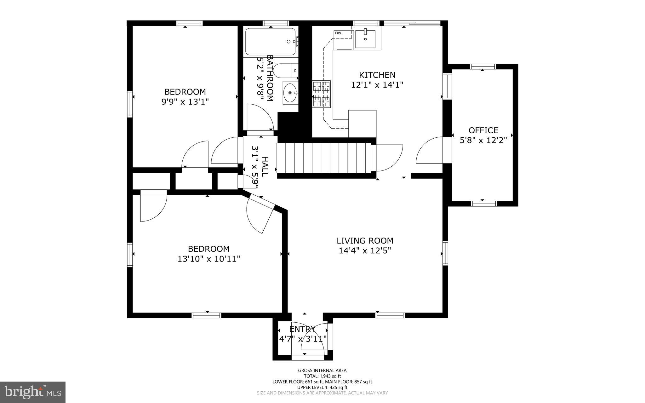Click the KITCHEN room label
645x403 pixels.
[377, 75]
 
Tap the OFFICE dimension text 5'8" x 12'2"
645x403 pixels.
[483, 140]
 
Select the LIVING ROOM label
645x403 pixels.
[365, 241]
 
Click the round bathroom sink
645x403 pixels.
[290, 93]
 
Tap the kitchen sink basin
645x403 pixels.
[365, 39]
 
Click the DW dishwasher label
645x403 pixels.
[338, 33]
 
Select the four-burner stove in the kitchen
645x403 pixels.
[321, 94]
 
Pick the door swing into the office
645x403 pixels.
[430, 151]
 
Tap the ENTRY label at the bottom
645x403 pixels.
[302, 329]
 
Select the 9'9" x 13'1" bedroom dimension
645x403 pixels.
[185, 102]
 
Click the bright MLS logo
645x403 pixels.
[33, 392]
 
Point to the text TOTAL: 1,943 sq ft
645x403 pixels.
[322, 376]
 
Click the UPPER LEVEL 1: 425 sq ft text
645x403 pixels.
[322, 387]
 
